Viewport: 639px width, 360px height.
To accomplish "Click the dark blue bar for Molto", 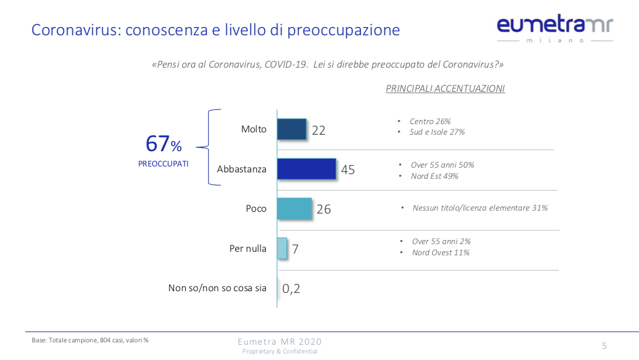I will tap(292, 129).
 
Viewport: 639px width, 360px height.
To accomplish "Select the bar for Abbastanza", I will tap(306, 169).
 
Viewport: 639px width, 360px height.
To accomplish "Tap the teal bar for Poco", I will tap(294, 209).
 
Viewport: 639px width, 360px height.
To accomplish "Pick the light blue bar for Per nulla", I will tap(282, 248).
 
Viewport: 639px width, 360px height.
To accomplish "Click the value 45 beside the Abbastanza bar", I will tap(348, 170).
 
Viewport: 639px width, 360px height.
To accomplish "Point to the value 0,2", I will tap(291, 289).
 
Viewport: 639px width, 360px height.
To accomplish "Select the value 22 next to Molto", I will tap(319, 131).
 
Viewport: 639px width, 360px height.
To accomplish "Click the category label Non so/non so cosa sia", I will tap(217, 288).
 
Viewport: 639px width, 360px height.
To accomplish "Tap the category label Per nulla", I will tap(247, 249).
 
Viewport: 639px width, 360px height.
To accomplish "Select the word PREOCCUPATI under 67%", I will tap(163, 164).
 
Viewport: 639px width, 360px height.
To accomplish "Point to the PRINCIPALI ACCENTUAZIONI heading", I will tap(445, 89).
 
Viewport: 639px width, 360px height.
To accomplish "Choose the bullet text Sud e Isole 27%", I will tap(437, 132).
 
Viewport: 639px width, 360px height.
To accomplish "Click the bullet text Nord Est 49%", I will tap(434, 176).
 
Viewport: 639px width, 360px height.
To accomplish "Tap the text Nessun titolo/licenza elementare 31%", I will tap(480, 208).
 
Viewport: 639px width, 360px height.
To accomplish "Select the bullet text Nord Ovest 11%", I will tap(440, 253).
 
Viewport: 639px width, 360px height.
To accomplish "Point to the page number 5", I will tap(604, 346).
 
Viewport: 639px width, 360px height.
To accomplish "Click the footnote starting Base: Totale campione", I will tap(90, 340).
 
